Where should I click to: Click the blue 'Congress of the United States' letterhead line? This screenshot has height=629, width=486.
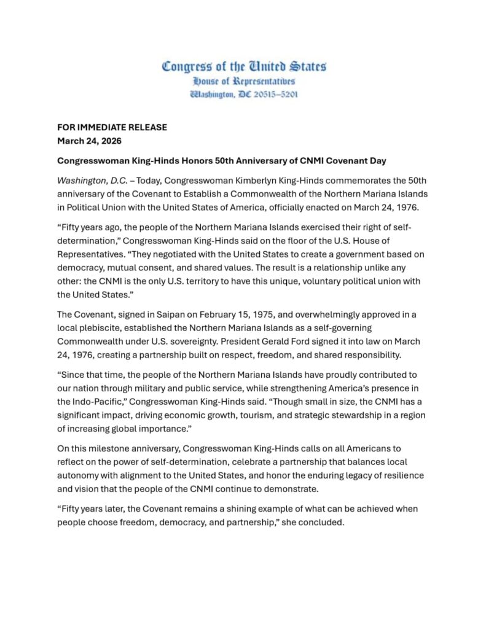tap(243, 66)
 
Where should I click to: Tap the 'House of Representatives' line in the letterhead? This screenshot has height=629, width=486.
tap(243, 81)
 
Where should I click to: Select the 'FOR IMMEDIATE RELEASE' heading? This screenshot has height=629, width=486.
tap(112, 128)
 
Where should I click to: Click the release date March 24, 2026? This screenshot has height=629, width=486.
tap(89, 141)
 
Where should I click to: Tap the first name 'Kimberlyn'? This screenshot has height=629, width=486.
tap(253, 181)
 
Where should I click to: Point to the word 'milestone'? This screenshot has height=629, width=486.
tap(106, 449)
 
